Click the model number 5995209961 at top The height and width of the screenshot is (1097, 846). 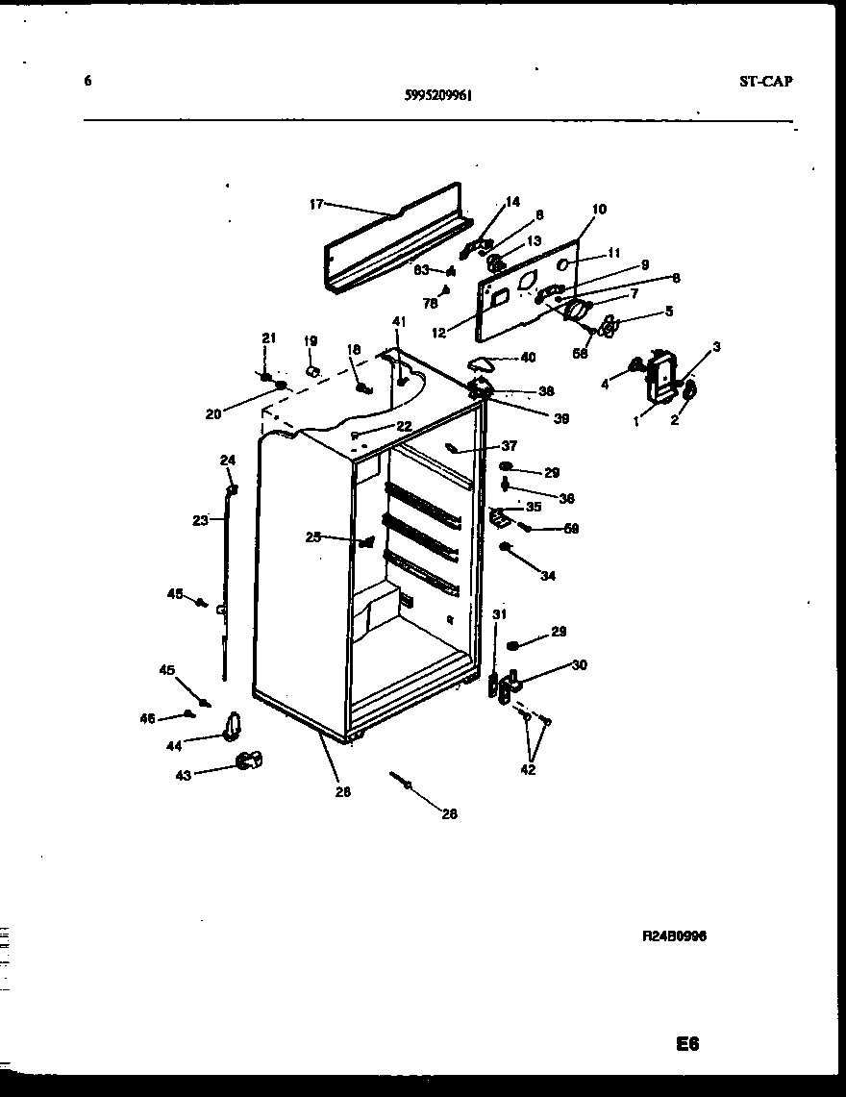[x=438, y=95]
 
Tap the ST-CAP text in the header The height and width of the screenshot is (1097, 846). [x=765, y=82]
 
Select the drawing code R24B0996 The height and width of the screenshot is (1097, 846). [x=674, y=935]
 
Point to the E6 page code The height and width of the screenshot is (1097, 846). [x=685, y=1044]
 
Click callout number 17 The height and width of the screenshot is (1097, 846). [x=315, y=204]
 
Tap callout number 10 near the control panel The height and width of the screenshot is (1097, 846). [x=599, y=209]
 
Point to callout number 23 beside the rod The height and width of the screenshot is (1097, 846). [x=200, y=520]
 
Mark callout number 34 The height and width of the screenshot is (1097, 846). [x=548, y=576]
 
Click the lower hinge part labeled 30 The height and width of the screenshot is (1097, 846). [x=510, y=685]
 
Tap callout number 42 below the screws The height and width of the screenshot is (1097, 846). [x=528, y=769]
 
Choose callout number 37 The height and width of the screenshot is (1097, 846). [x=509, y=445]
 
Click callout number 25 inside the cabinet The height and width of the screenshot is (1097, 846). [x=313, y=537]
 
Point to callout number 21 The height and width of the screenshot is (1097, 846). [x=269, y=337]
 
